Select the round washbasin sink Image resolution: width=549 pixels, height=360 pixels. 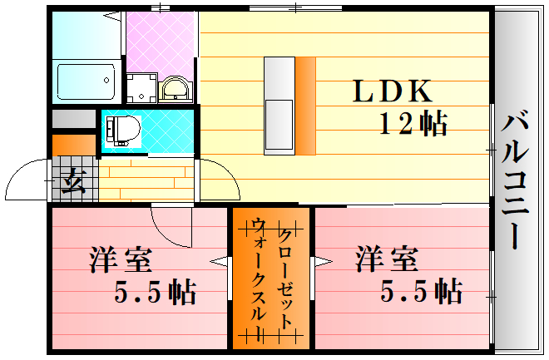[x=175, y=87]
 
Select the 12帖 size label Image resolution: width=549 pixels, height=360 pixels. [x=413, y=124]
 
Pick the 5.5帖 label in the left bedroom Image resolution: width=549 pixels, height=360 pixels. [x=156, y=292]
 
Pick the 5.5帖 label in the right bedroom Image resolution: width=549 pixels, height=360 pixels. [x=421, y=292]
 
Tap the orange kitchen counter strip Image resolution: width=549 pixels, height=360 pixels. [x=306, y=106]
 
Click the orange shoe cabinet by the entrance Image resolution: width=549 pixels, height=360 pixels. [x=63, y=145]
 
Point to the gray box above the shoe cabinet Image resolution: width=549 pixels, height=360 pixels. [x=73, y=118]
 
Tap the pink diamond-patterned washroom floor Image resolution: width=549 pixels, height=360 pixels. [x=161, y=42]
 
